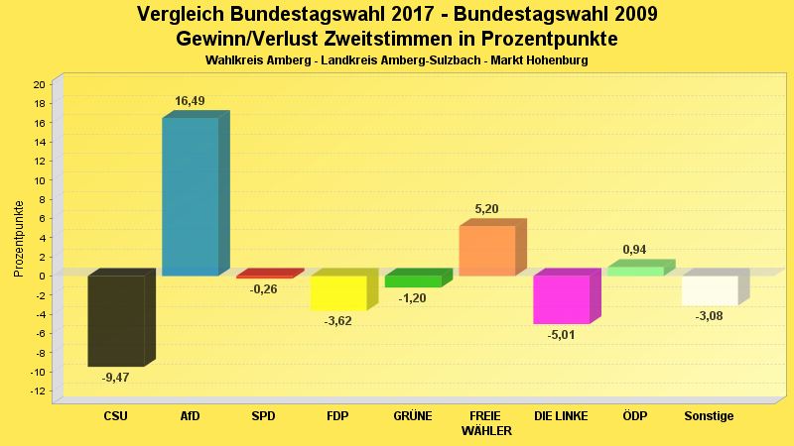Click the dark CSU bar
click(x=116, y=320)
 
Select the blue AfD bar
click(x=190, y=196)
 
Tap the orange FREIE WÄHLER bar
click(x=486, y=251)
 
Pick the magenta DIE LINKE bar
click(x=561, y=299)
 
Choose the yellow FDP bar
click(x=338, y=292)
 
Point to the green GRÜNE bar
click(x=413, y=281)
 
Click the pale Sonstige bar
click(x=709, y=290)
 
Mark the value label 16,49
click(x=191, y=101)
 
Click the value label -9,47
click(x=116, y=378)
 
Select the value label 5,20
click(x=486, y=209)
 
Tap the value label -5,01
click(x=562, y=335)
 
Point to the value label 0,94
click(x=635, y=250)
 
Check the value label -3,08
click(x=710, y=316)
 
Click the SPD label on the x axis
click(x=264, y=416)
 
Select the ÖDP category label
click(x=635, y=416)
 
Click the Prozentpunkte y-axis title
click(x=18, y=238)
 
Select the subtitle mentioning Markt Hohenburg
click(x=397, y=60)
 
